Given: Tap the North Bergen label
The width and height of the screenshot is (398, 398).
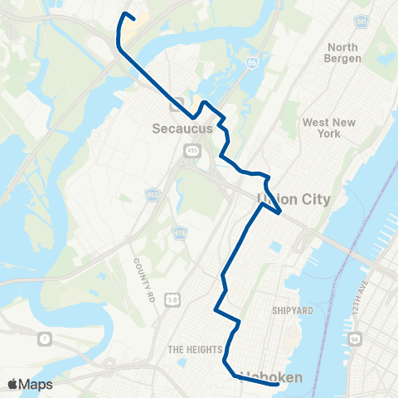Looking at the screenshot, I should [x=343, y=53].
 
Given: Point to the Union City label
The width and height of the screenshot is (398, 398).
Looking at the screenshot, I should [x=294, y=199].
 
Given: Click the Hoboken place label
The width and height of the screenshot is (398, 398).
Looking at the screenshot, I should [x=271, y=378].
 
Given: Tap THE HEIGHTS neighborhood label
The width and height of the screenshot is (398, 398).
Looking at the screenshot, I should [x=192, y=349].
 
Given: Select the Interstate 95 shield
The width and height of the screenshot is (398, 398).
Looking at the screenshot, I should [x=252, y=61].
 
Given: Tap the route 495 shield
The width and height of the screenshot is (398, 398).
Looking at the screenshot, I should [x=192, y=150].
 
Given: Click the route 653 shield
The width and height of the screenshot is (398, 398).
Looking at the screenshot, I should [x=153, y=194].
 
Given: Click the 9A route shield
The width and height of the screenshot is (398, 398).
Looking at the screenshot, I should [x=354, y=338].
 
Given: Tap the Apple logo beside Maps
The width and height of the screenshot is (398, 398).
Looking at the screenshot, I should [x=12, y=384].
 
